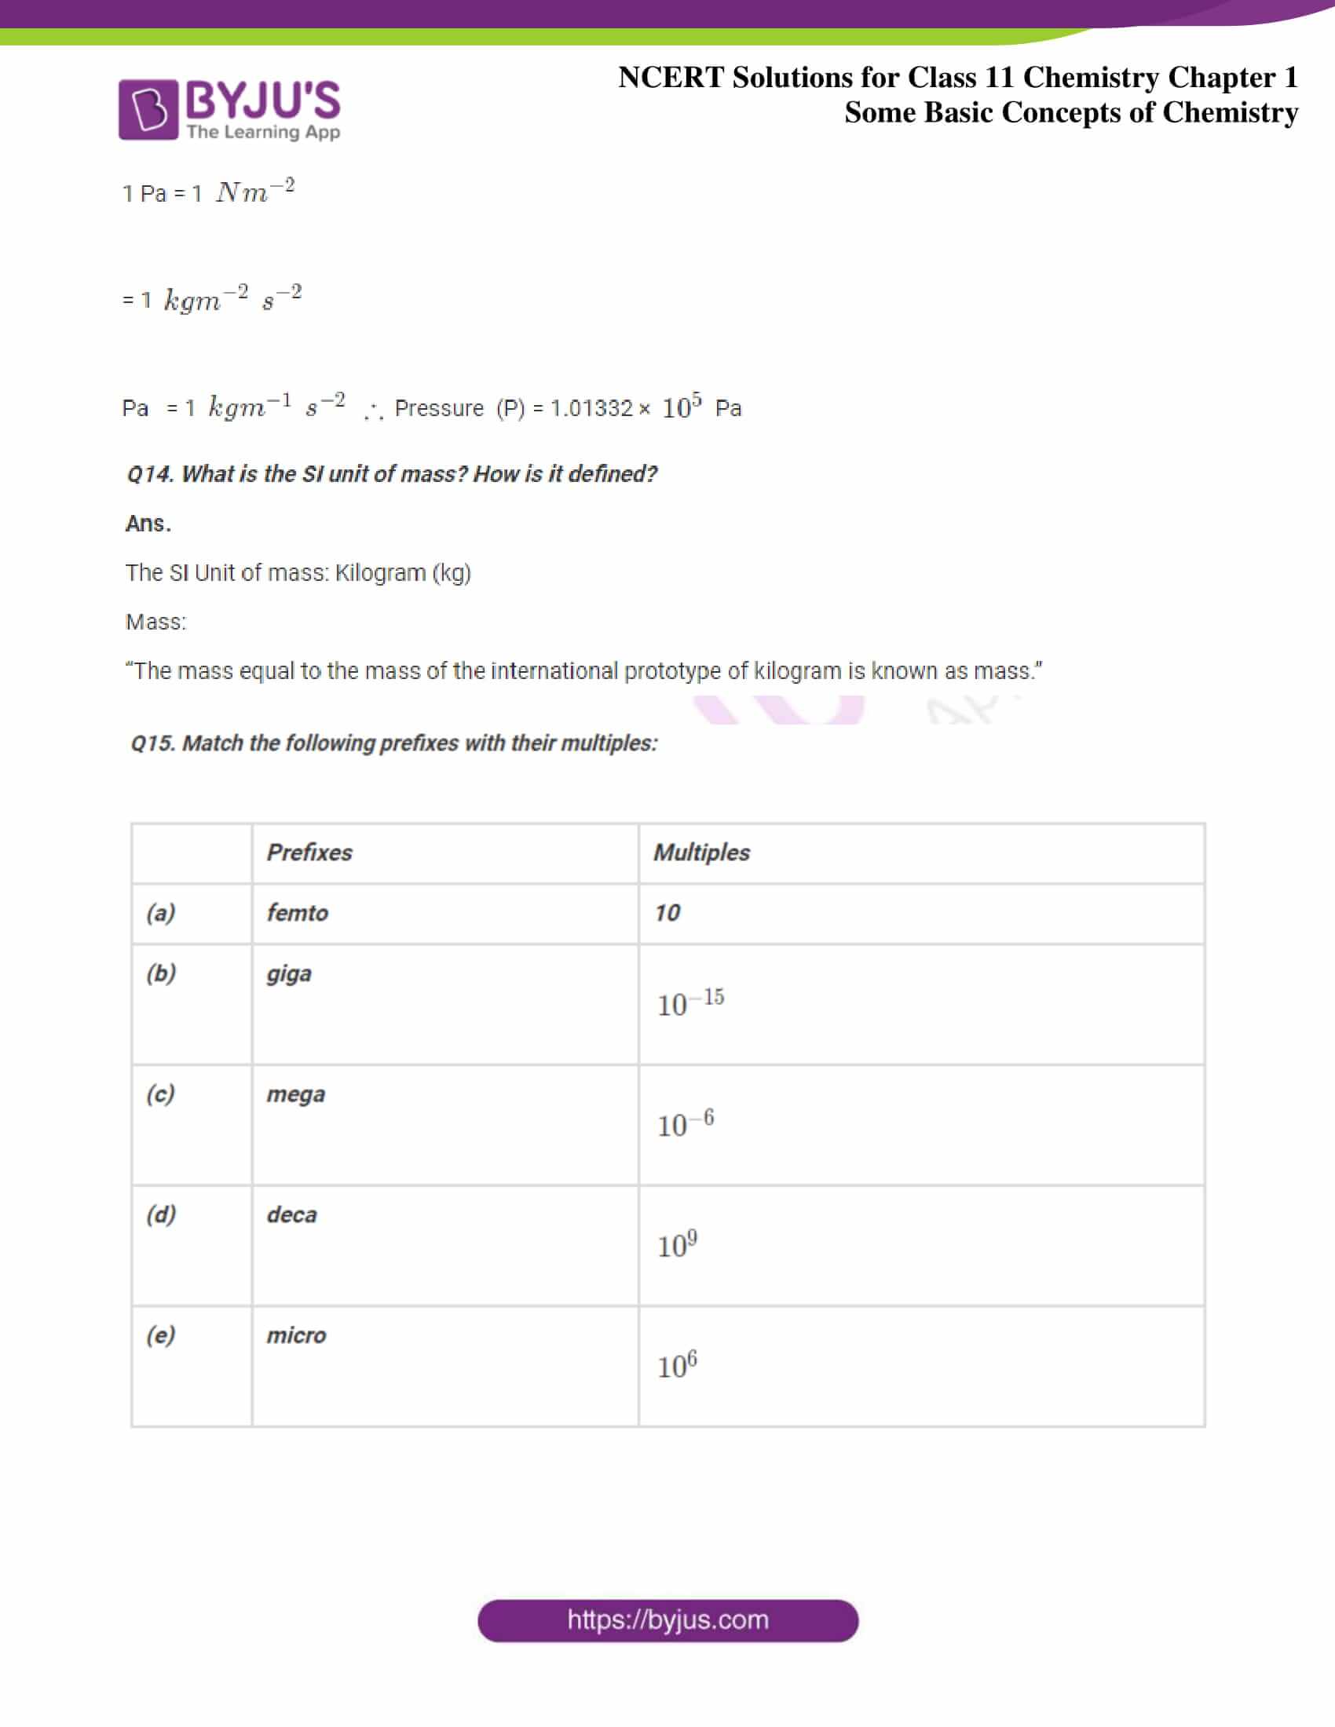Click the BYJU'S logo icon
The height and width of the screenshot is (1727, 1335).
[x=148, y=109]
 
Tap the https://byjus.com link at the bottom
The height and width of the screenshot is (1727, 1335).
[x=667, y=1620]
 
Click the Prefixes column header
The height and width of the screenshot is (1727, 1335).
[x=309, y=853]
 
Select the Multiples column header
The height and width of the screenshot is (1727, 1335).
[x=701, y=853]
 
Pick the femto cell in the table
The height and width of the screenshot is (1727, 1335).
[x=298, y=912]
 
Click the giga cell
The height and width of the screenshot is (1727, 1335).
[x=290, y=973]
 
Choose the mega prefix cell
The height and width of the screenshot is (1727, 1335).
[x=296, y=1094]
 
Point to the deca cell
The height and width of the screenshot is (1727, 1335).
[x=292, y=1214]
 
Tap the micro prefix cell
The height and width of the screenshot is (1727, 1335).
[x=297, y=1335]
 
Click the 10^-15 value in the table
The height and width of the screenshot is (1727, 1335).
[x=690, y=1002]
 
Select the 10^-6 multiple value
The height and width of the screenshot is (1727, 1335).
[x=685, y=1123]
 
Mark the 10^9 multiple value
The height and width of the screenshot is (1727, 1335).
[x=677, y=1244]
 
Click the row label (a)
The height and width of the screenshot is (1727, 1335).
[x=160, y=912]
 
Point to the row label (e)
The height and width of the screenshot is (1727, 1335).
[x=160, y=1335]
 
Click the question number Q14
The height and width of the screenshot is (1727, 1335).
[x=149, y=473]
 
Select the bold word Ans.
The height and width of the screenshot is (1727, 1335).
[x=148, y=524]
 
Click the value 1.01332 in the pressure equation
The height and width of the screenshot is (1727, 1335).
[x=591, y=408]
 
